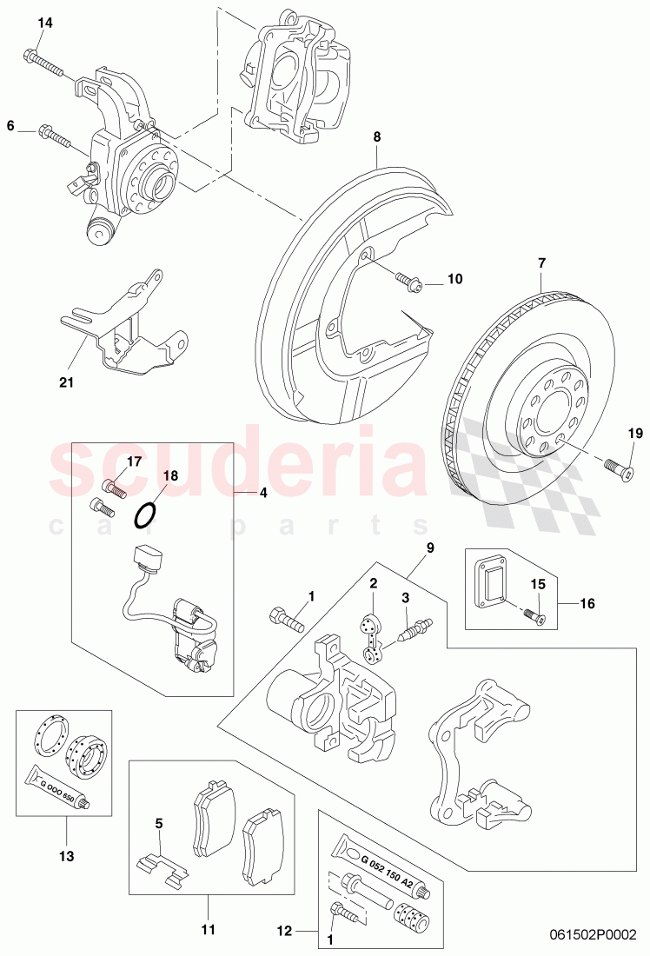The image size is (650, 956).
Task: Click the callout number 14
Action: [x=45, y=23]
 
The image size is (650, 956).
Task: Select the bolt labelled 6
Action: [x=54, y=136]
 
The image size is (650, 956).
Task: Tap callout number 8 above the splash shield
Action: [x=377, y=136]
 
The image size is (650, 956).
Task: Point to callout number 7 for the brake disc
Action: [x=541, y=262]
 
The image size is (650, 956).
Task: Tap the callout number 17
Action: [x=134, y=461]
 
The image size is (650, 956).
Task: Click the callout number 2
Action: [x=372, y=583]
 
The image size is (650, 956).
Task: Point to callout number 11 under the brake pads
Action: [x=208, y=905]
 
